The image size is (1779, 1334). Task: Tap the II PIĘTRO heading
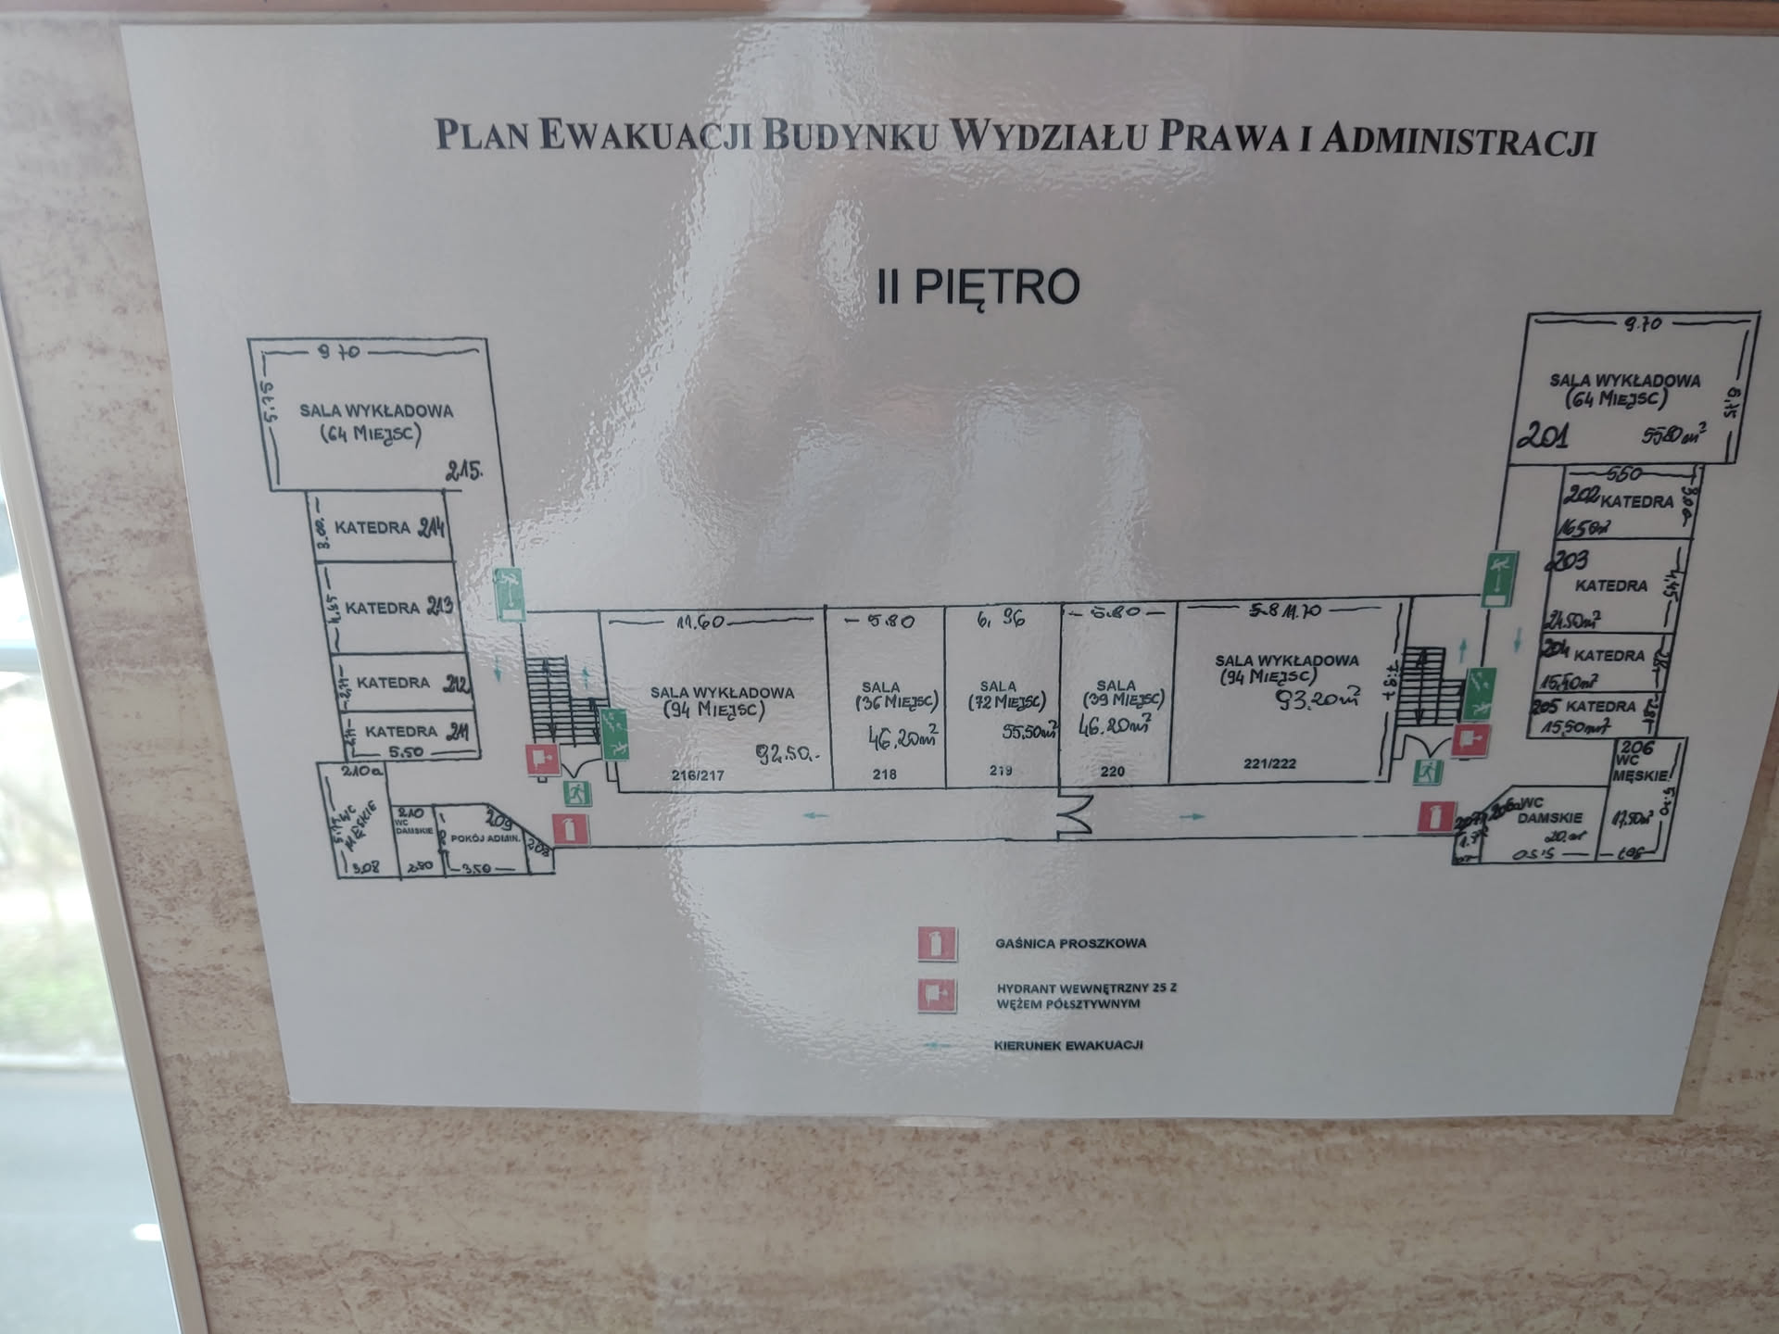pyautogui.click(x=978, y=286)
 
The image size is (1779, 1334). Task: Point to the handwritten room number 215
pyautogui.click(x=463, y=471)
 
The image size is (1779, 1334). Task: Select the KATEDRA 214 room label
pyautogui.click(x=389, y=528)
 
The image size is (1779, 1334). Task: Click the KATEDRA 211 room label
pyautogui.click(x=416, y=732)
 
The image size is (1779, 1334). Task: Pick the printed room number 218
pyautogui.click(x=884, y=774)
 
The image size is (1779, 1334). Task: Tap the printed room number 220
pyautogui.click(x=1112, y=771)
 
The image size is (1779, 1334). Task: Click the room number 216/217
pyautogui.click(x=697, y=775)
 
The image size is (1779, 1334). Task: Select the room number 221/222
pyautogui.click(x=1269, y=763)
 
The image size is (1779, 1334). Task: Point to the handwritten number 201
pyautogui.click(x=1543, y=434)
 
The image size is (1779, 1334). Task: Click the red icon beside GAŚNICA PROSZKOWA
pyautogui.click(x=936, y=944)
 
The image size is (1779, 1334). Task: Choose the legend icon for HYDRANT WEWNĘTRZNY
pyautogui.click(x=936, y=996)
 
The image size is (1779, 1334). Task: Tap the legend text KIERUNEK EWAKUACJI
pyautogui.click(x=1067, y=1046)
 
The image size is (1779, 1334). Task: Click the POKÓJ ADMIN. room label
pyautogui.click(x=486, y=838)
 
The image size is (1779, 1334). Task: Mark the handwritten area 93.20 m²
pyautogui.click(x=1319, y=698)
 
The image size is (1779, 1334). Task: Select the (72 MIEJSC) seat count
pyautogui.click(x=1006, y=702)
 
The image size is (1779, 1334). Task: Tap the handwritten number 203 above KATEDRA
pyautogui.click(x=1567, y=560)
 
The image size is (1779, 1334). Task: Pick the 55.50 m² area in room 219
pyautogui.click(x=1028, y=732)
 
